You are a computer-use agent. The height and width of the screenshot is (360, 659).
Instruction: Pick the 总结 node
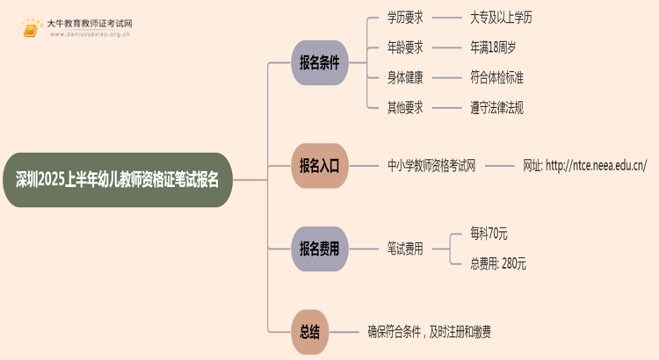click(310, 332)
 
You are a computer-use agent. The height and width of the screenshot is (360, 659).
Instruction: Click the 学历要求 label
click(405, 18)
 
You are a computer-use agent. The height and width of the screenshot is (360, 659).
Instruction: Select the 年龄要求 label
click(405, 47)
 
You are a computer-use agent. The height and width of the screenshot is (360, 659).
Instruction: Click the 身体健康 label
click(405, 77)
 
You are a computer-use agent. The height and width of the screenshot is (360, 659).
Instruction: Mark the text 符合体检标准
click(498, 77)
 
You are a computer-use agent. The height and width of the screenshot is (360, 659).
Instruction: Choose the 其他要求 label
click(405, 107)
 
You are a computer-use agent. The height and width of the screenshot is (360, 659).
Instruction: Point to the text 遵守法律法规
click(498, 107)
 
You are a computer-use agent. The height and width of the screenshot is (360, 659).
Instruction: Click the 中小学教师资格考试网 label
click(431, 165)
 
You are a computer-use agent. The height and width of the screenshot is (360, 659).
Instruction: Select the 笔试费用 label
click(405, 248)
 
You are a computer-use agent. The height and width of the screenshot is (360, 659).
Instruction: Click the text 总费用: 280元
click(498, 263)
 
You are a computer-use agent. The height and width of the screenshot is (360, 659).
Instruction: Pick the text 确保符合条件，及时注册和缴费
click(430, 332)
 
